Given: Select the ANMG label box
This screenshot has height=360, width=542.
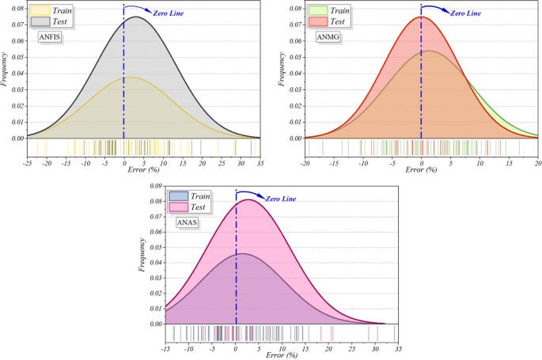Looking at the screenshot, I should tap(328, 36).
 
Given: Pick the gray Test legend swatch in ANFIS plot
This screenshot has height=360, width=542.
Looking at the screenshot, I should tap(39, 21).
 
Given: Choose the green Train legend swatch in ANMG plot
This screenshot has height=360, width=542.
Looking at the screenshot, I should tap(318, 11).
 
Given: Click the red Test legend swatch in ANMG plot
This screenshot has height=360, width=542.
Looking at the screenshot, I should tap(318, 21).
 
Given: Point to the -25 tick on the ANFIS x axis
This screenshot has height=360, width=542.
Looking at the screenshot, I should tap(28, 162).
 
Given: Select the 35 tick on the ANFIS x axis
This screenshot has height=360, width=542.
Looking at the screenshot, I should tap(260, 162).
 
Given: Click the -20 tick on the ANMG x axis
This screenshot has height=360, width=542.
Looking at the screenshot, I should tap(305, 162).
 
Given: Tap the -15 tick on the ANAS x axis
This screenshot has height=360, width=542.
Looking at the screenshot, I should tap(165, 348).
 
